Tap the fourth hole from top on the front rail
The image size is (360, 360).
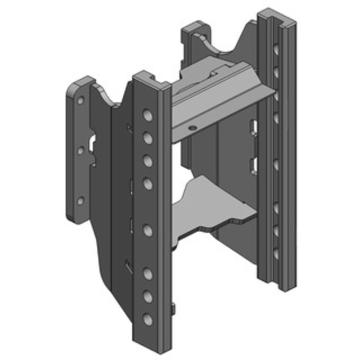tap(147, 183)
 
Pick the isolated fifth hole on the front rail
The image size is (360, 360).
tap(147, 230)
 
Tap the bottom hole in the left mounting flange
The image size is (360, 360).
tap(81, 201)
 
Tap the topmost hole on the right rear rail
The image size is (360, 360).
tap(275, 49)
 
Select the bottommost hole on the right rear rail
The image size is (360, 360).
tap(275, 253)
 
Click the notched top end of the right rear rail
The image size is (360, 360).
tap(277, 16)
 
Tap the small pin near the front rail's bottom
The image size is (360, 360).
tap(173, 309)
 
